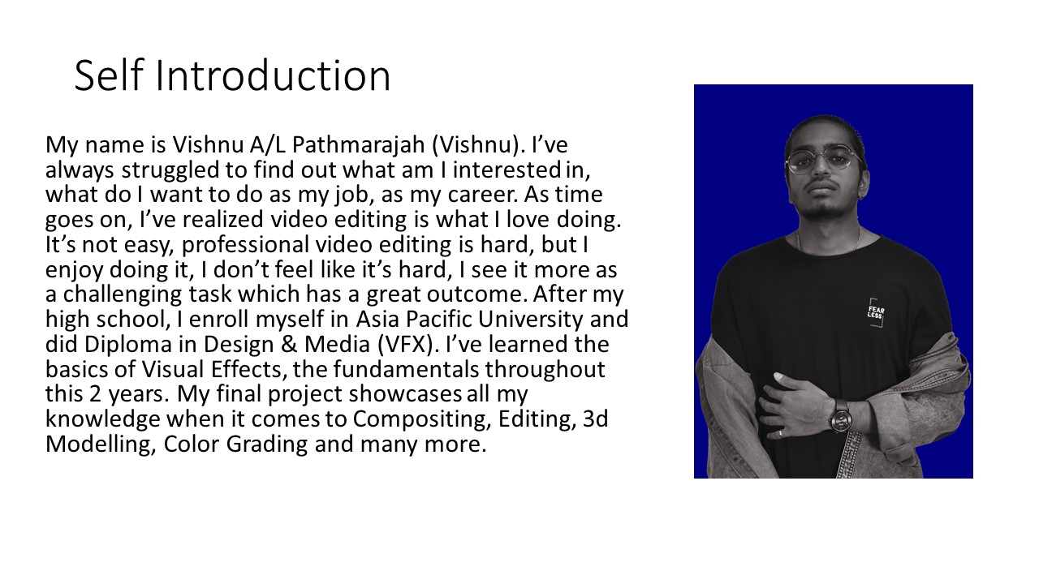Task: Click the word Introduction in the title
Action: coord(273,75)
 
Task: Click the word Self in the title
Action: coord(108,75)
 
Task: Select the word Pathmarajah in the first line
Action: coord(358,145)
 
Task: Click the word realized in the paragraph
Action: coord(222,220)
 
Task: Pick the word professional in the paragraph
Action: coord(245,245)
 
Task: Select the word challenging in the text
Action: coord(123,294)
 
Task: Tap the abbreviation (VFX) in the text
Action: coord(407,345)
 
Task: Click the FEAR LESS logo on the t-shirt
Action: coord(876,313)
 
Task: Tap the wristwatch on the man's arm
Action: coord(840,416)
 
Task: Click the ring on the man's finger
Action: coord(780,433)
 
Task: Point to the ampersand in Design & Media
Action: coord(290,345)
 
